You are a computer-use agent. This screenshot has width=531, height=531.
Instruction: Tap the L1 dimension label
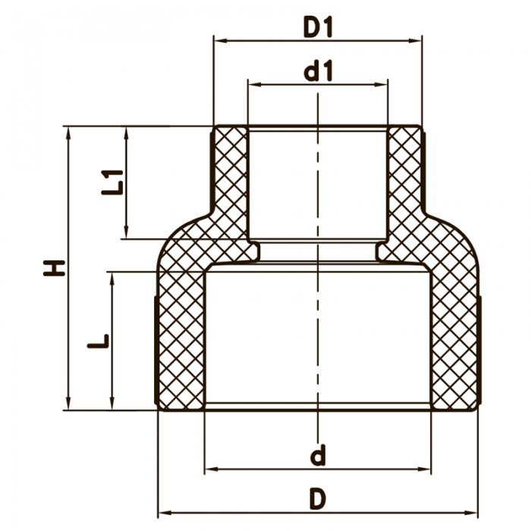(113, 183)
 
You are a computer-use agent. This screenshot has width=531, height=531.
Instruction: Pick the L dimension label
(97, 342)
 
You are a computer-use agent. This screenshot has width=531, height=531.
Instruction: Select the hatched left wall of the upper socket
(230, 182)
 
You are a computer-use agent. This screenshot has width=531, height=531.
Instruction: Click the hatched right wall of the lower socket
(455, 341)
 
